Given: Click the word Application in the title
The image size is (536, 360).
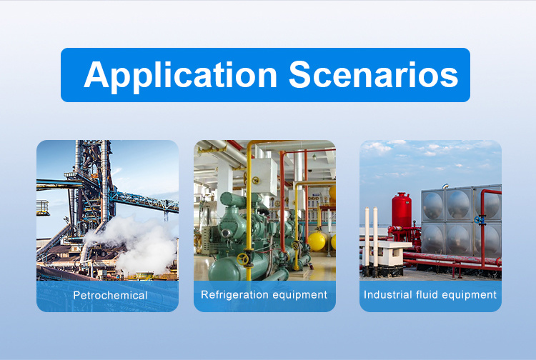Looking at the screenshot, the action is (x=180, y=76).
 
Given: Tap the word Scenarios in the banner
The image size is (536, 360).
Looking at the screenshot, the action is (x=373, y=74).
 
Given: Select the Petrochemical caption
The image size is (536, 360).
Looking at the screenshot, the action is (x=110, y=295).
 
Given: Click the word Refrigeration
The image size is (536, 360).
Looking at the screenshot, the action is (x=232, y=294).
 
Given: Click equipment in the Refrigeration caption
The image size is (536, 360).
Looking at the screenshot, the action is (x=297, y=295).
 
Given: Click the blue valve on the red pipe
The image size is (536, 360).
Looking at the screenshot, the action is (x=480, y=219).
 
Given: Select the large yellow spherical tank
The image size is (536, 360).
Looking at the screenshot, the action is (x=317, y=242).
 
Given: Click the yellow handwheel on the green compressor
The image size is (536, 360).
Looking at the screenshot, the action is (x=243, y=259).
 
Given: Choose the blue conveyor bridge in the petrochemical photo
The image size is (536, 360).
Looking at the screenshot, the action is (x=144, y=201).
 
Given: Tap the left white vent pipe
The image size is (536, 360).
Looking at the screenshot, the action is (x=367, y=241).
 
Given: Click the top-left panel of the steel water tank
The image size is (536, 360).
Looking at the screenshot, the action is (x=433, y=205).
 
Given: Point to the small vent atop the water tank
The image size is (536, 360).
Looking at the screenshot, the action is (x=445, y=186).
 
